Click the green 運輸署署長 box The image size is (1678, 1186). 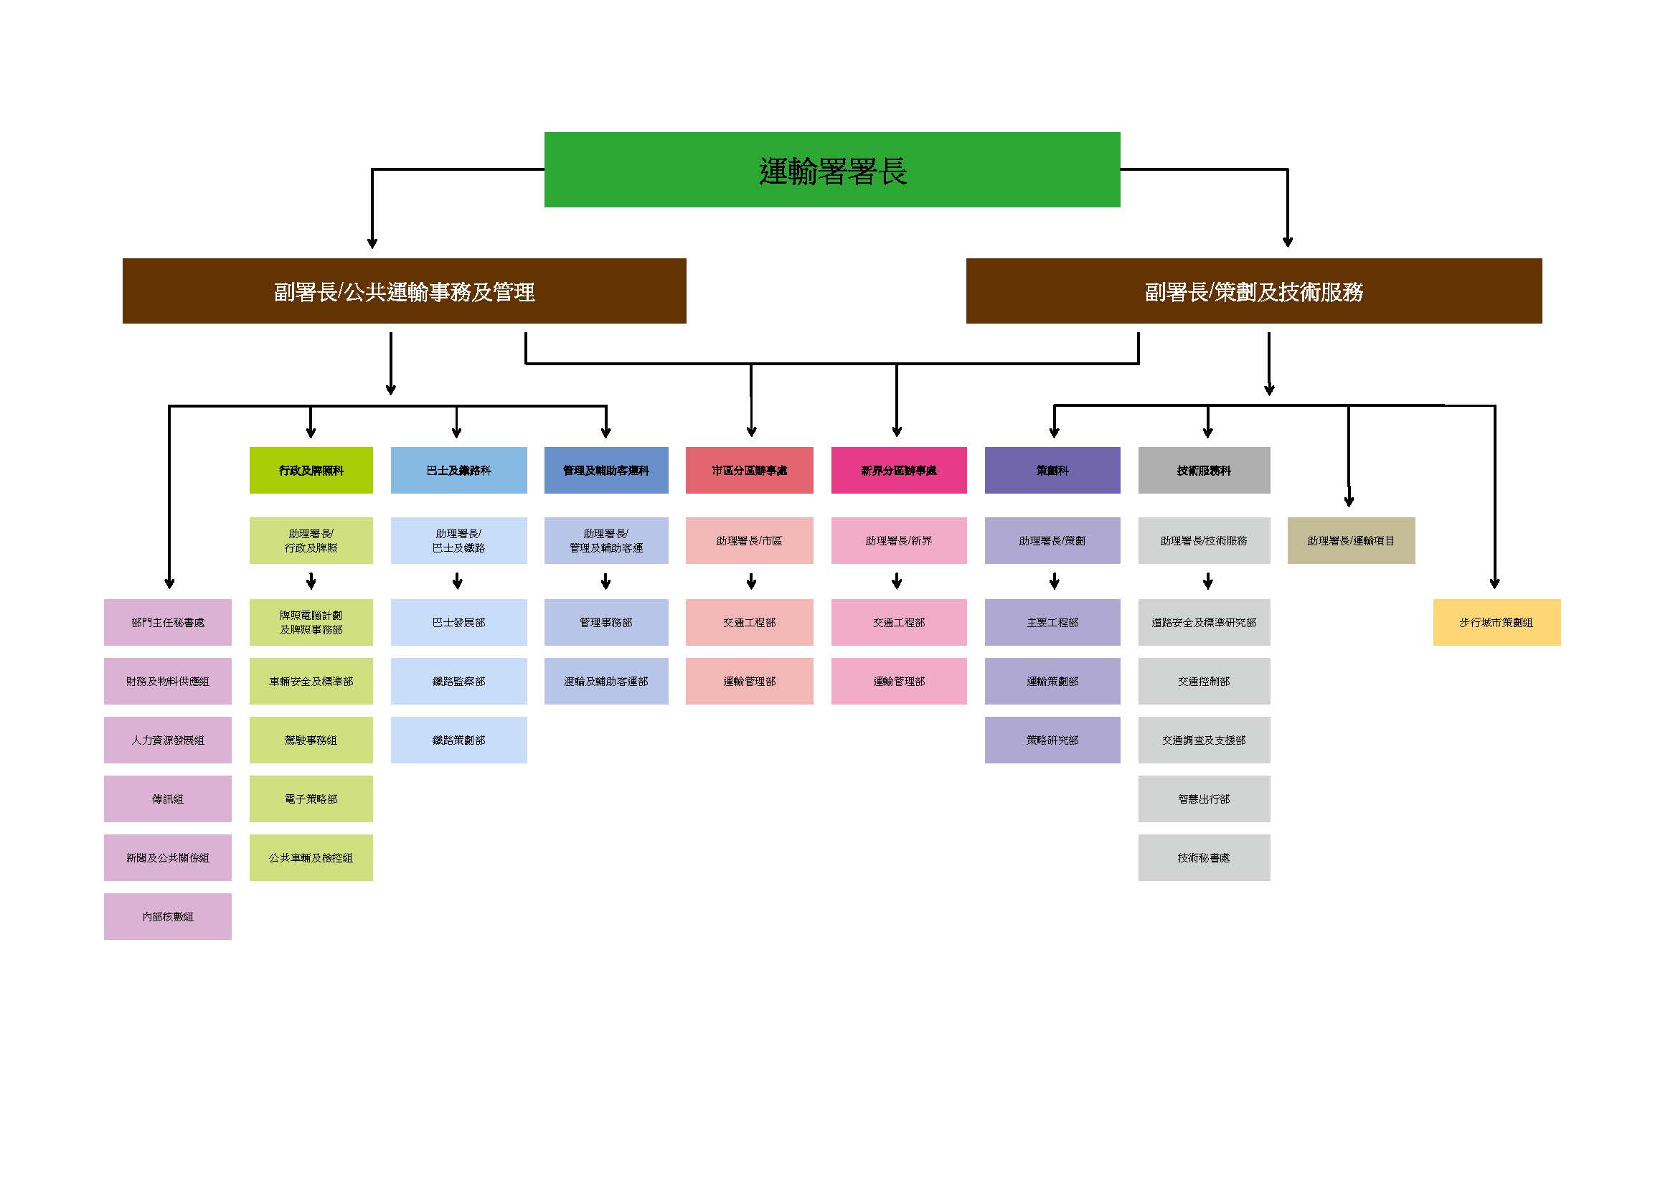831,169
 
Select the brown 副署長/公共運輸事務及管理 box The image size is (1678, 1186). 404,291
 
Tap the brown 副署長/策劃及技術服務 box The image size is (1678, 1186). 1253,291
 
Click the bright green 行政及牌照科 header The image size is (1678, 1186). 311,470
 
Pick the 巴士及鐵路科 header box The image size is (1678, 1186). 458,470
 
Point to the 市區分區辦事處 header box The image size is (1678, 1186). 749,470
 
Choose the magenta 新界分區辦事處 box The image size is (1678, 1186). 898,470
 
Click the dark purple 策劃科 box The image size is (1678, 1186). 1052,470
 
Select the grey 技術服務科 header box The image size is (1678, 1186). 1204,470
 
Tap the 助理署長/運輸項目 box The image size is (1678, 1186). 1351,541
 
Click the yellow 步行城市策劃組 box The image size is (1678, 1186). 1496,623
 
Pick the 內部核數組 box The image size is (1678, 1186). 167,916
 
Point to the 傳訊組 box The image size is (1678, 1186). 167,799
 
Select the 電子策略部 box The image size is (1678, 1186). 311,799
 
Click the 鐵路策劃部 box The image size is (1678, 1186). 458,740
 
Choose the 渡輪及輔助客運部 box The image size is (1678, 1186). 606,681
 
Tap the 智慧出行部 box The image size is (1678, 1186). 1204,799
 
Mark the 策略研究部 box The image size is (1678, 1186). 1052,740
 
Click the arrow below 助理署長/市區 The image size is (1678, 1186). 751,582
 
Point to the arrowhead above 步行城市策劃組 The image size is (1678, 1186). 1494,583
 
